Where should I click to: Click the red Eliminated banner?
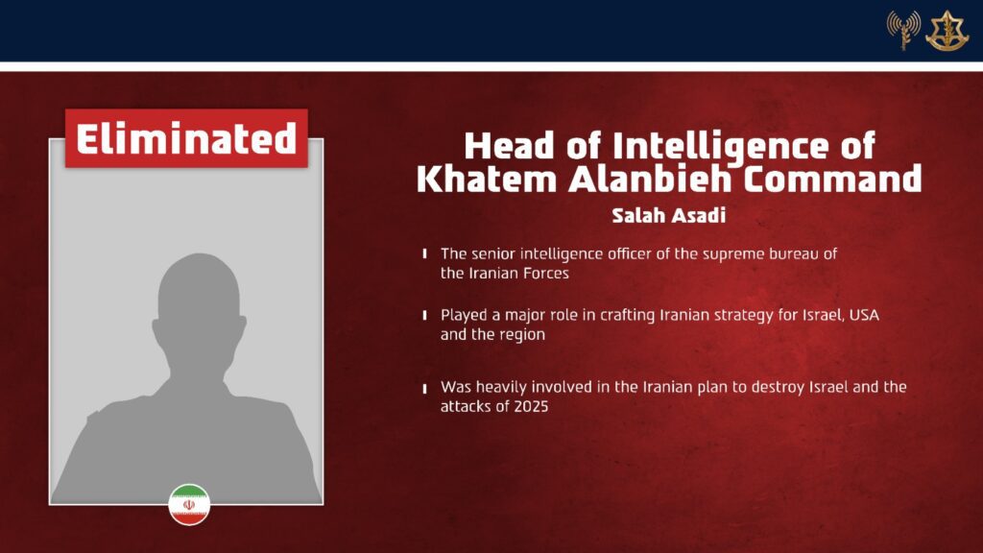(x=186, y=138)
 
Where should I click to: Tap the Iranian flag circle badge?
(x=189, y=504)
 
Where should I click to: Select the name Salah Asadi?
(x=668, y=215)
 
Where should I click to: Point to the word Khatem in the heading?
(x=487, y=180)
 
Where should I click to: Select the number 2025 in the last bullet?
(x=531, y=406)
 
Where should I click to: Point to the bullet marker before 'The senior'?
(x=425, y=253)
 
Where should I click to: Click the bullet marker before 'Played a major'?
(x=425, y=315)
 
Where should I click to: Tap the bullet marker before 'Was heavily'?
(x=425, y=388)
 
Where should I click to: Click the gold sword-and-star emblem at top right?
(x=947, y=30)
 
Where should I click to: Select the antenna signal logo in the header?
(x=903, y=30)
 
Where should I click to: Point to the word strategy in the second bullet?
(x=741, y=316)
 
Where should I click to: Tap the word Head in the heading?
(x=509, y=147)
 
